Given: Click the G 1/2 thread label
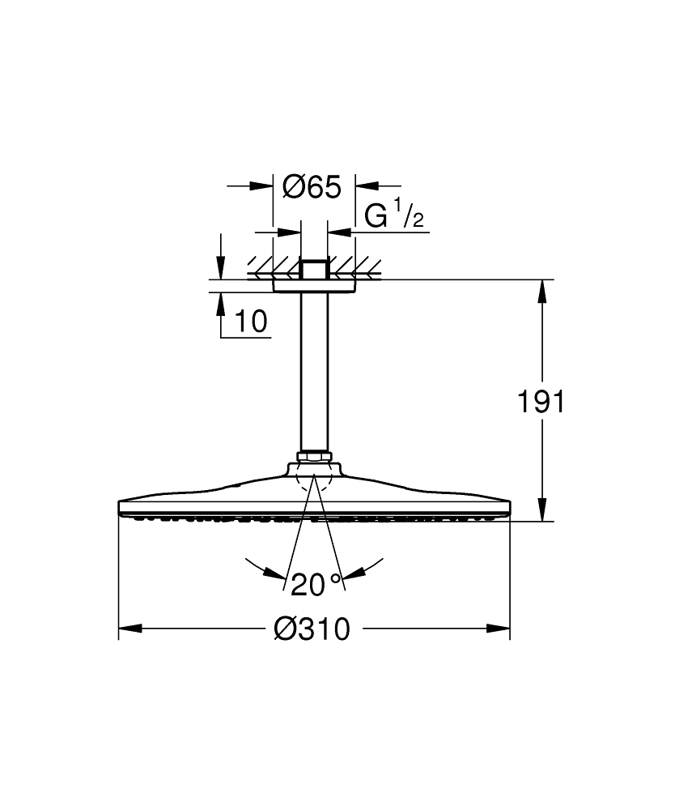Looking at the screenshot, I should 394,216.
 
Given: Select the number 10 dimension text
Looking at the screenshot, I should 251,322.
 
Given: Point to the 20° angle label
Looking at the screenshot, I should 316,583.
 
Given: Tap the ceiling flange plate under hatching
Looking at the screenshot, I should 315,285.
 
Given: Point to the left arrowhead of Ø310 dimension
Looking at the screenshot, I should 129,629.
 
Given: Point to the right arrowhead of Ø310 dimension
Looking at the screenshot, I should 499,629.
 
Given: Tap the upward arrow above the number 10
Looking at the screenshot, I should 219,302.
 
